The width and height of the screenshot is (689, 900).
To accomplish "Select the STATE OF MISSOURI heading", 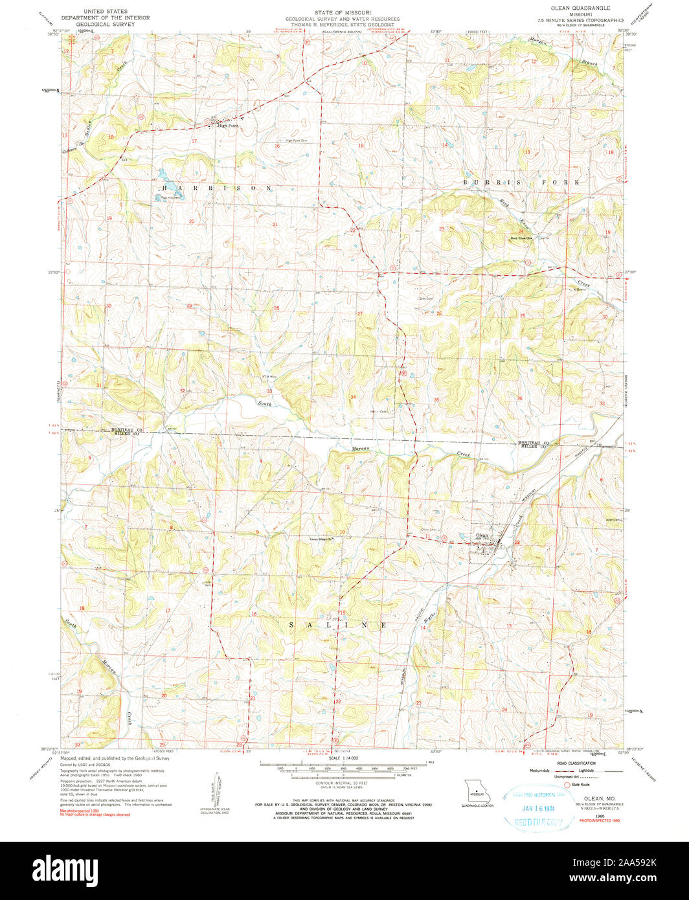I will click(344, 12).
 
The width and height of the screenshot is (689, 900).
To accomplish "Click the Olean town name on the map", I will click(481, 535).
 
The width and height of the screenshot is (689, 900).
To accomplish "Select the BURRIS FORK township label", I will click(521, 183).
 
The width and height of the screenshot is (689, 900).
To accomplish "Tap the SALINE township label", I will click(337, 625).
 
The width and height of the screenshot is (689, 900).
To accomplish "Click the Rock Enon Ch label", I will click(521, 238).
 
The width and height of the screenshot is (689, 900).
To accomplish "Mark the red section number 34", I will click(353, 396).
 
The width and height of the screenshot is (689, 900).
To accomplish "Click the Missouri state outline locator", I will click(477, 793).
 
